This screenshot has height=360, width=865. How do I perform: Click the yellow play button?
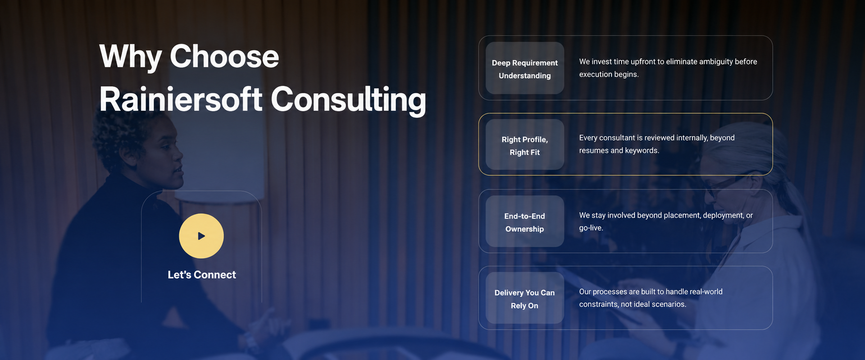pos(201,236)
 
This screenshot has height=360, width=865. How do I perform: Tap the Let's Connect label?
pos(202,275)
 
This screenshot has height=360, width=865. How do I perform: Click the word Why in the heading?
pos(130,57)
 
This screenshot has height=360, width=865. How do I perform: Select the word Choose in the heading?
pos(224,56)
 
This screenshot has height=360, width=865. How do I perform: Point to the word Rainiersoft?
pos(181,99)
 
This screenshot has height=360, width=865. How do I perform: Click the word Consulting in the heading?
pos(348,100)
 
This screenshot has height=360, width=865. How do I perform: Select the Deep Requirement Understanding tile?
pos(525,68)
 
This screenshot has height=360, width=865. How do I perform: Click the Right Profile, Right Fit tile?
pos(525,145)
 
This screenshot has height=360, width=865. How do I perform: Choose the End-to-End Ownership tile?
pos(525,221)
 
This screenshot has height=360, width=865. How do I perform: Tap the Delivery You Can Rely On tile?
pos(525,298)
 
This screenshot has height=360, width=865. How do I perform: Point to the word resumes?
pos(594,150)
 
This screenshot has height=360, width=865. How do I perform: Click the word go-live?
pos(591,228)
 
